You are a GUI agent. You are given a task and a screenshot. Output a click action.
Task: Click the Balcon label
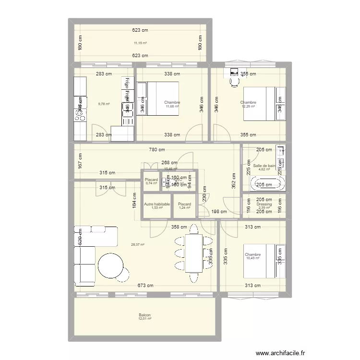click(144, 314)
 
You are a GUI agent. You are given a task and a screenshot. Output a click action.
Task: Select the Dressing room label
click(264, 204)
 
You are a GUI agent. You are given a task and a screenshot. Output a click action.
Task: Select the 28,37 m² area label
click(137, 244)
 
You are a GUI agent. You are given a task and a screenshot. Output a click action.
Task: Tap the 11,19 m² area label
click(140, 43)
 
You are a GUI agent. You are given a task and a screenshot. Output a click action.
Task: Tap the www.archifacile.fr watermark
click(280, 353)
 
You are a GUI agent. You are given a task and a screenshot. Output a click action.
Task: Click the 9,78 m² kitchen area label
click(104, 104)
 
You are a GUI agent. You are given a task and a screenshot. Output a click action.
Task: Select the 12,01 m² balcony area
click(144, 318)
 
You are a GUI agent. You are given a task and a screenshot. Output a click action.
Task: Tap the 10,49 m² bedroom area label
click(252, 258)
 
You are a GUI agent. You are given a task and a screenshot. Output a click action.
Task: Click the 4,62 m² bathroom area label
click(265, 169)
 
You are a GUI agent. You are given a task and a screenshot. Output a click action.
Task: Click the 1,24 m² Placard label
click(184, 207)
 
